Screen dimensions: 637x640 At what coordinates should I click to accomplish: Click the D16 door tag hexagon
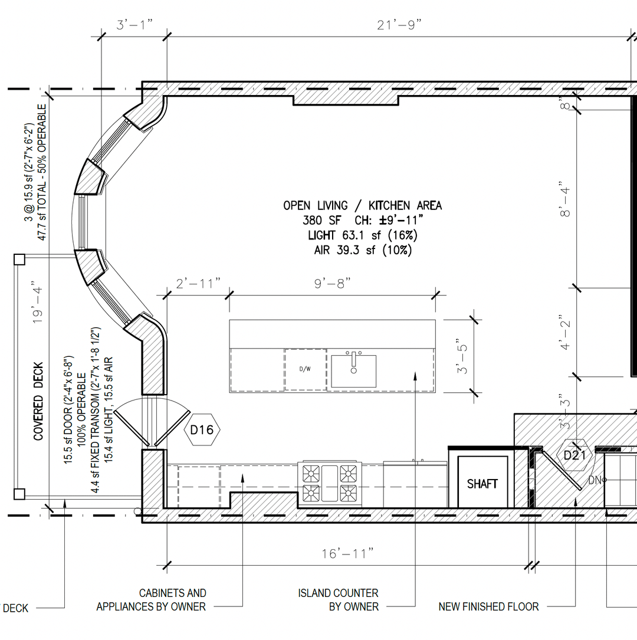click(202, 429)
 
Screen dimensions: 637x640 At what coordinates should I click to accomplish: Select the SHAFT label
click(482, 484)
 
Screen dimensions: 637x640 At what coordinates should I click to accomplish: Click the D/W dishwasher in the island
click(306, 369)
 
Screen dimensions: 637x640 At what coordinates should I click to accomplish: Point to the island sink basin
click(353, 371)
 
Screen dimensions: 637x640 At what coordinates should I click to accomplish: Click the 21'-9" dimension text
click(399, 25)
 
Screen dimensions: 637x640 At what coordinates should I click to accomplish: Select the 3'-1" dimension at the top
click(134, 25)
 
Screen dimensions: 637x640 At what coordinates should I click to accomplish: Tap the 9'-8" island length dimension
click(332, 283)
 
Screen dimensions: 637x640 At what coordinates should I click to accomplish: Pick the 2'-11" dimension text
click(198, 283)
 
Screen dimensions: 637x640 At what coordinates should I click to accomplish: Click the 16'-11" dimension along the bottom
click(347, 553)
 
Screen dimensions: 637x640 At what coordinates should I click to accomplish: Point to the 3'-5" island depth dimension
click(462, 356)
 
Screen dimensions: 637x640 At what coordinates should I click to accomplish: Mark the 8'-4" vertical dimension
click(565, 199)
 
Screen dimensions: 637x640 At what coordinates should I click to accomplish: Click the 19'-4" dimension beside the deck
click(37, 302)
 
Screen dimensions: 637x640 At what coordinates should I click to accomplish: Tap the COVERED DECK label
click(38, 402)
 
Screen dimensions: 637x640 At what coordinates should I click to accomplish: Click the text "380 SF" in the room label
click(321, 221)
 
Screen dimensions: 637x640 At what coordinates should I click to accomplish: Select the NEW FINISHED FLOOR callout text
click(488, 607)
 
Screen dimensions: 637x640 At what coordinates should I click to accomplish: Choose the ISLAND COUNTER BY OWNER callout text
click(339, 599)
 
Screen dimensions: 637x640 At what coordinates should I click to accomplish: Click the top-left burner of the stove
click(311, 474)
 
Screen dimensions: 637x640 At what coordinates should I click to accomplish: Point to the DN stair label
click(595, 480)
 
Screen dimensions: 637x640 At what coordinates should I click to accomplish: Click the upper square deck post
click(19, 260)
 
